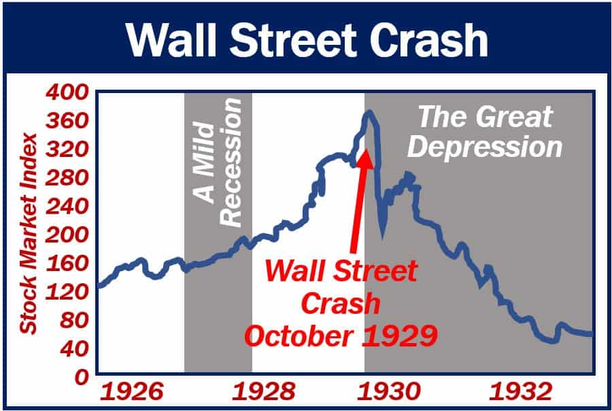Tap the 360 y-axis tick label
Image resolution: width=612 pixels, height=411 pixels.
[69, 120]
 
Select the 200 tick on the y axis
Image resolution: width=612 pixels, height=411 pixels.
[69, 234]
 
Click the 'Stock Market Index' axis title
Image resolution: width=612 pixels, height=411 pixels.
[28, 234]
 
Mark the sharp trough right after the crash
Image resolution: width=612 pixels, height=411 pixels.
[383, 234]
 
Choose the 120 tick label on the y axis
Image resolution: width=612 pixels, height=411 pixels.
[69, 291]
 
